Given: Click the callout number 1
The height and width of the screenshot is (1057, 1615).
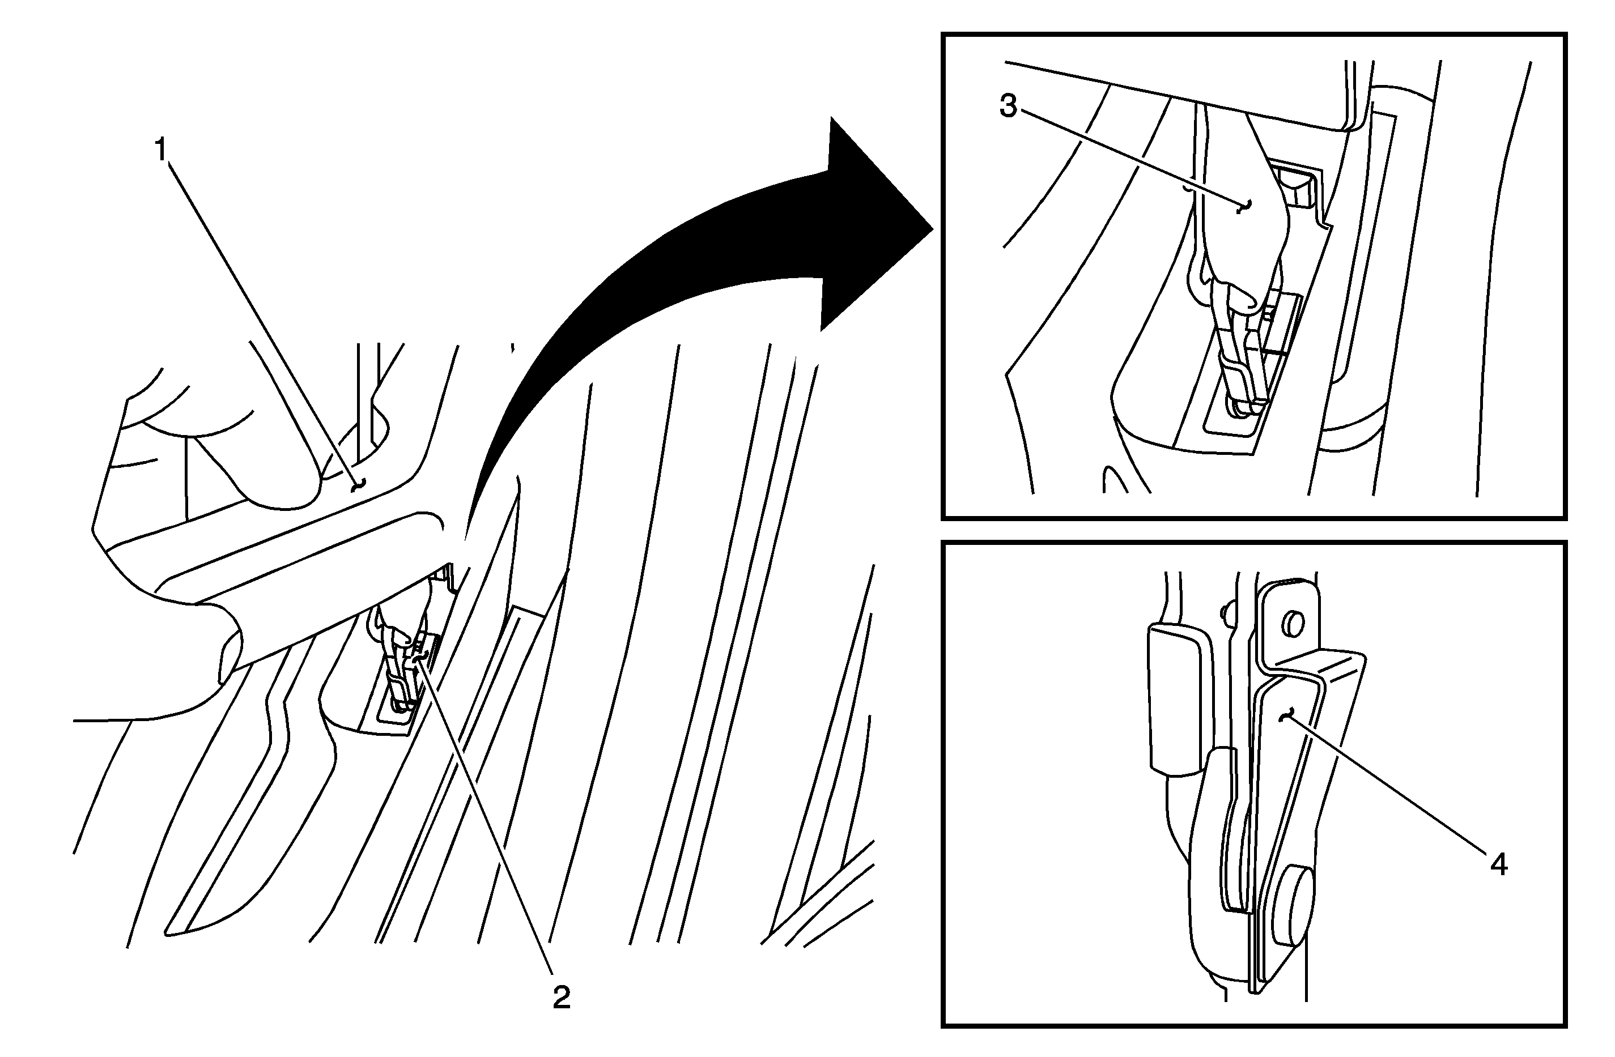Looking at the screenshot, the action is [161, 150].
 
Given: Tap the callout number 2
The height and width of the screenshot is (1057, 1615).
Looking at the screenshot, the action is [561, 998].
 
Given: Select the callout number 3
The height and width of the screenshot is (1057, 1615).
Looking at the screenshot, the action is [1008, 106].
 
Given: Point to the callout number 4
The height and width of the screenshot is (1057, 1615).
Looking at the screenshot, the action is [1499, 864].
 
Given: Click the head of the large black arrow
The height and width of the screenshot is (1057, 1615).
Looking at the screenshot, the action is [875, 224].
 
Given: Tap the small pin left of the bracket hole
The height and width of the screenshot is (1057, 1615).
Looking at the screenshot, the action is [1224, 613].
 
